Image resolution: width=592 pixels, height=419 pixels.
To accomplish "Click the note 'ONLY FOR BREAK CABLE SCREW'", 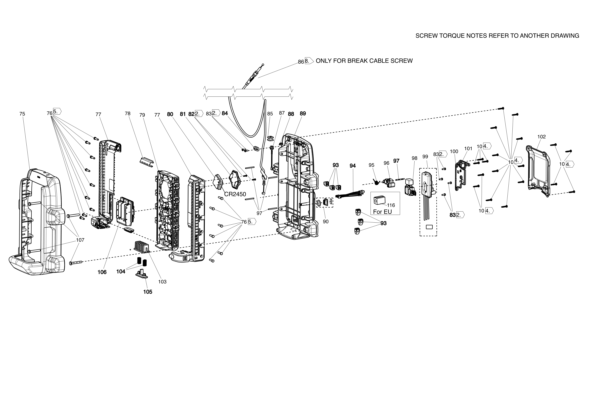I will click(x=364, y=61).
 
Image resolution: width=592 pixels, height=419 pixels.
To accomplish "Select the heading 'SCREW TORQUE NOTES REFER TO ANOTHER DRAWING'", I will click(x=497, y=36).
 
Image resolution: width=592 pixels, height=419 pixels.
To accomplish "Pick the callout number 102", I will click(x=541, y=137).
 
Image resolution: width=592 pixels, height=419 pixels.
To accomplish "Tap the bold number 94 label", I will click(x=352, y=166).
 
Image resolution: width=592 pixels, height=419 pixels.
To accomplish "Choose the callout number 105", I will click(x=148, y=292).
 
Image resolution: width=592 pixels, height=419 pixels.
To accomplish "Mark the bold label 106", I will click(x=102, y=272).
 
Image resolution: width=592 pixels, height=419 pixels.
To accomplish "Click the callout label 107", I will click(x=80, y=240).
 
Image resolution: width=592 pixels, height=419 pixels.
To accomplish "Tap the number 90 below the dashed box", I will click(x=326, y=222).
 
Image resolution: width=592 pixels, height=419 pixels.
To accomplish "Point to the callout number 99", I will click(x=425, y=157).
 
